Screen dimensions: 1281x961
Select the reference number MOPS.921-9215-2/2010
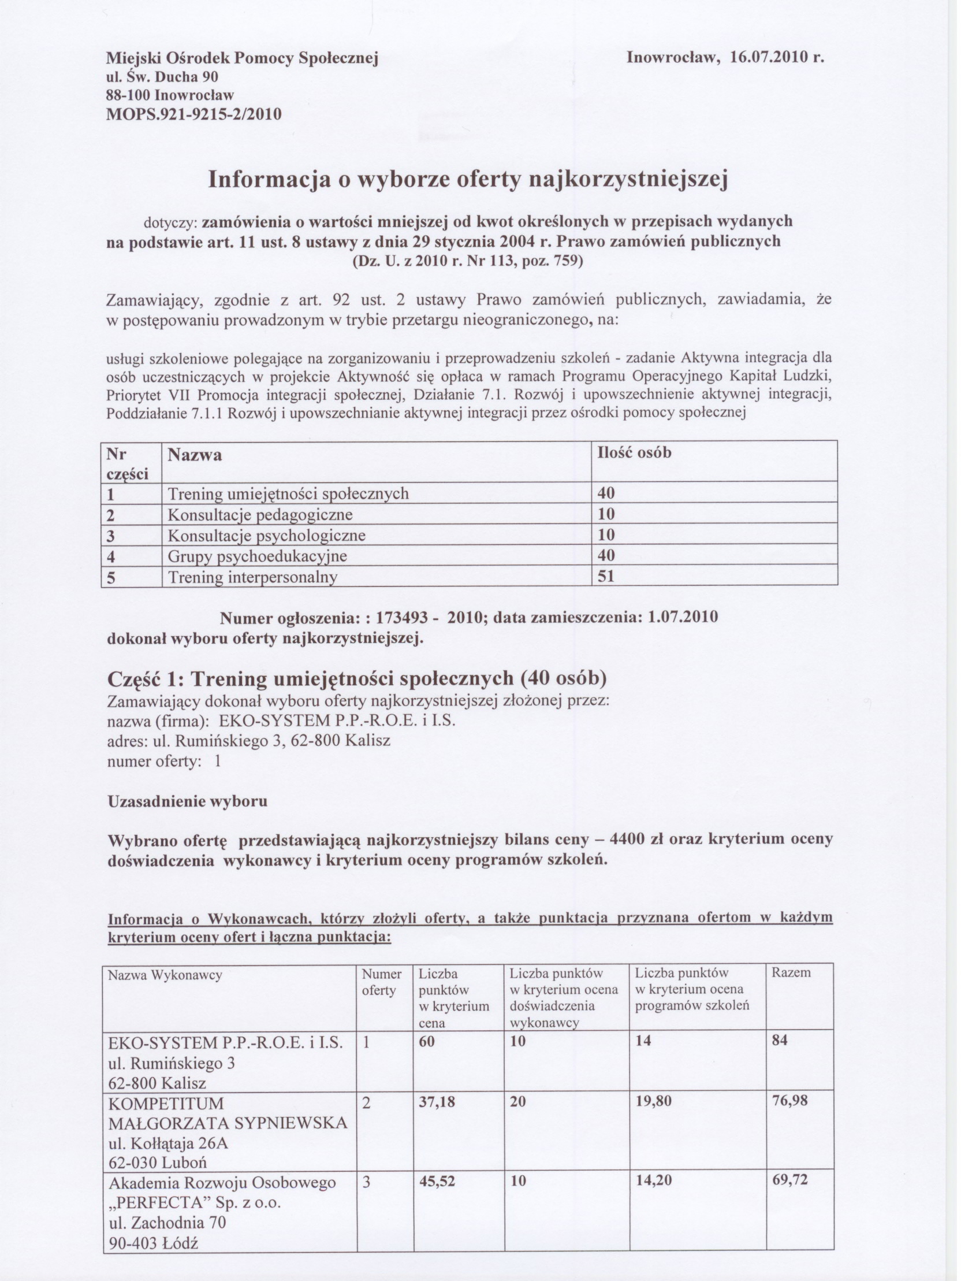[195, 113]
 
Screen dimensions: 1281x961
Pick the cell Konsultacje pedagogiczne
[260, 514]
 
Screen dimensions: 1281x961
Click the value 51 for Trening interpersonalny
[606, 576]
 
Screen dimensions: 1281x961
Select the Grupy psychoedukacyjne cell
[258, 556]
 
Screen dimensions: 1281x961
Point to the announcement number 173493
[402, 617]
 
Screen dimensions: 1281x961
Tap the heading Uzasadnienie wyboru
[188, 801]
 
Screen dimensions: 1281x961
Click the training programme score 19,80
[654, 1101]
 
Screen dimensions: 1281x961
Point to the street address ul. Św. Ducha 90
[163, 76]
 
